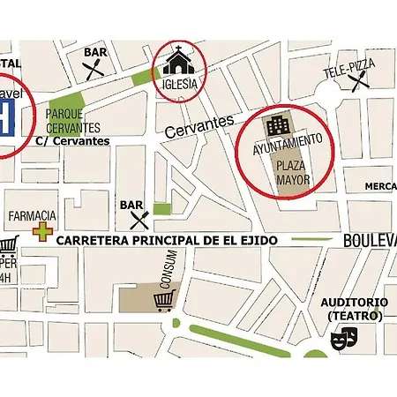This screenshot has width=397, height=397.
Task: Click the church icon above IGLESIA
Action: pyautogui.click(x=180, y=60)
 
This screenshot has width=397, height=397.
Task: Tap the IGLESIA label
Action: pyautogui.click(x=180, y=84)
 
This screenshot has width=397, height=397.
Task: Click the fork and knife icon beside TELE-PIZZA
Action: pyautogui.click(x=357, y=83)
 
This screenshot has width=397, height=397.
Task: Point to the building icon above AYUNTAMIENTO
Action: pyautogui.click(x=279, y=124)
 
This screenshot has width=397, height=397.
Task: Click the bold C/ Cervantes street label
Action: pyautogui.click(x=72, y=140)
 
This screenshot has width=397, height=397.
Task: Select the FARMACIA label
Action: pyautogui.click(x=33, y=215)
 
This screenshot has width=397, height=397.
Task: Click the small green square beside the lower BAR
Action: pyautogui.click(x=161, y=209)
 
